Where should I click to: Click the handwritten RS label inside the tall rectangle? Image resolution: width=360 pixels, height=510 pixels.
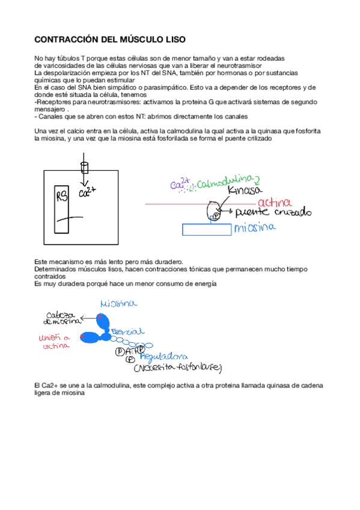click(62, 197)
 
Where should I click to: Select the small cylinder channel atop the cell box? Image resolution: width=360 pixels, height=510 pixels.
click(84, 166)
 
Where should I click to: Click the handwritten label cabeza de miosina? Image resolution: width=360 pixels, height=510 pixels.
click(60, 318)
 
